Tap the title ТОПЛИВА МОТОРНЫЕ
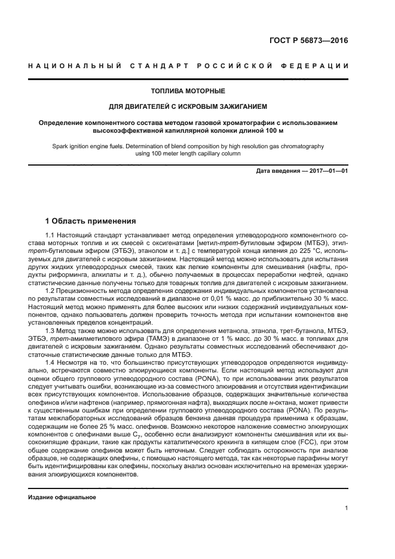coord(188,91)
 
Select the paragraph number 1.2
coord(50,291)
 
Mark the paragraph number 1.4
coord(50,361)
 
